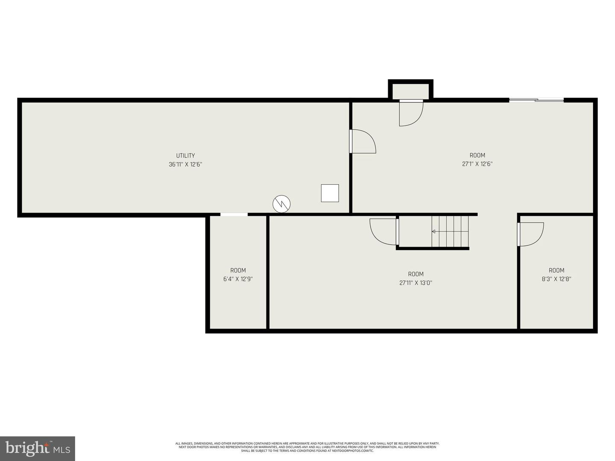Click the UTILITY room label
185,155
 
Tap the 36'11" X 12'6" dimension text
185,164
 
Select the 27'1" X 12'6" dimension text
477,164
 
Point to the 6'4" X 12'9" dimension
238,279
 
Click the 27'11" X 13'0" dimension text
416,283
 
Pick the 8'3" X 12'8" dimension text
556,279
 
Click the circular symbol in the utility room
281,204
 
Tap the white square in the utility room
330,193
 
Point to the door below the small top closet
410,113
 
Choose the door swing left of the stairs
384,232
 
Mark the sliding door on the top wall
536,100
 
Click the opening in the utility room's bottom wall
234,215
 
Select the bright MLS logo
37,449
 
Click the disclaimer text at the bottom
307,447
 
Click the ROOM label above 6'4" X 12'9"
238,270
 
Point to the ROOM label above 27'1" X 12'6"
477,155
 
